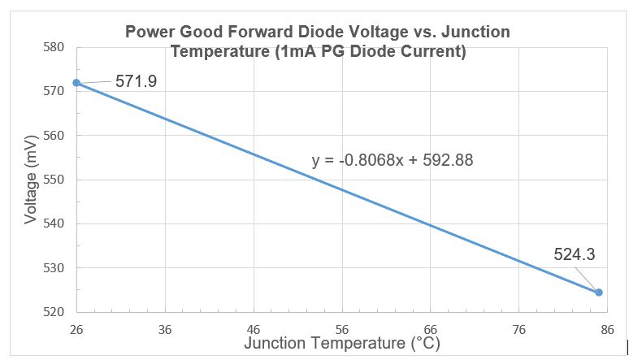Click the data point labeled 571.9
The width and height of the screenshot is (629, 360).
click(76, 83)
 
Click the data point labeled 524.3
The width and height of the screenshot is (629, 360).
click(599, 293)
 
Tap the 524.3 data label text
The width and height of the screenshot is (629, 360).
click(575, 254)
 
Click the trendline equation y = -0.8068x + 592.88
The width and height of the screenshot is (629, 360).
click(393, 160)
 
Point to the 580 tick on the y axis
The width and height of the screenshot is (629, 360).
click(54, 47)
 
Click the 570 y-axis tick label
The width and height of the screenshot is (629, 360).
click(54, 91)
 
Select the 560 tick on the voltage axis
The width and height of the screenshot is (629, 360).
click(54, 135)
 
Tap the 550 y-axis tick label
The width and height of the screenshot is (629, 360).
click(54, 180)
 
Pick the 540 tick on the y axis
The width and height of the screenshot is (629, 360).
click(54, 223)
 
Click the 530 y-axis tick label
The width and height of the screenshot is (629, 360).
click(54, 267)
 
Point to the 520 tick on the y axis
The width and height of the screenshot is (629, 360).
click(54, 312)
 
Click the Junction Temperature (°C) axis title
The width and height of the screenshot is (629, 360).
click(341, 344)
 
